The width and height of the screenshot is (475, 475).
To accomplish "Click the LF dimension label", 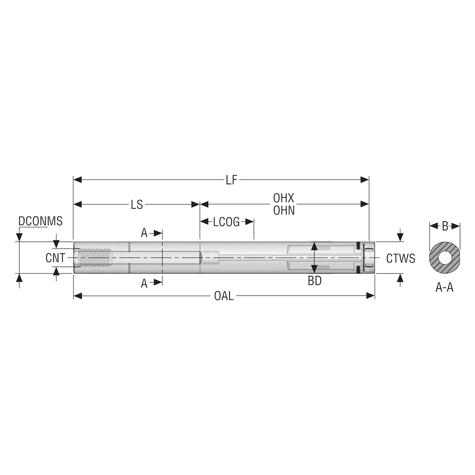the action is [231, 180].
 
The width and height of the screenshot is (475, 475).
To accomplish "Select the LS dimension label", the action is [137, 205].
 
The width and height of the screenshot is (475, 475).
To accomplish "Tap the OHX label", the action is [284, 198].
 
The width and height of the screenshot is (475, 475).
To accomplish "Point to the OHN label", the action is [284, 211].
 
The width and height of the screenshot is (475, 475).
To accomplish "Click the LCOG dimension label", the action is [226, 222].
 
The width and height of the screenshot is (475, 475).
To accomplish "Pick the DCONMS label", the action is [40, 221].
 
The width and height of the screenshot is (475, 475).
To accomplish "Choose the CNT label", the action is [55, 258].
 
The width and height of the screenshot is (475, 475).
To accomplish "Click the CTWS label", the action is [400, 259].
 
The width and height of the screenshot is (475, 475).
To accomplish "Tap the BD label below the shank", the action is [315, 281].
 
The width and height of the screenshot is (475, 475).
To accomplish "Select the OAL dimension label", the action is [224, 296].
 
